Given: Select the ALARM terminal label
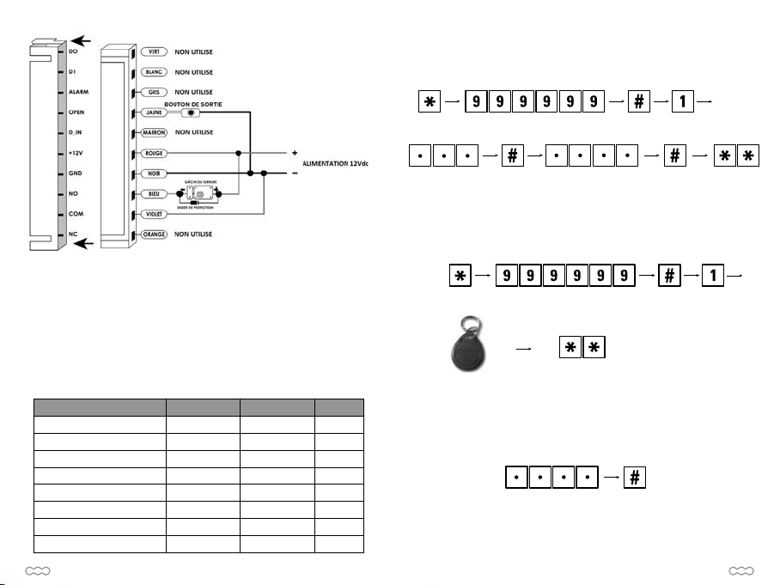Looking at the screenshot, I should [x=79, y=92].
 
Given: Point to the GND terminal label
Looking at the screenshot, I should [x=76, y=174].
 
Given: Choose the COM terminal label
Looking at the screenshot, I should [x=76, y=214].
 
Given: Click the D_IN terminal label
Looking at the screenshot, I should [x=76, y=133].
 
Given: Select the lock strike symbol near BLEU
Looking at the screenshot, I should [x=199, y=194].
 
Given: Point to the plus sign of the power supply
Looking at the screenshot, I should [x=295, y=152].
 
